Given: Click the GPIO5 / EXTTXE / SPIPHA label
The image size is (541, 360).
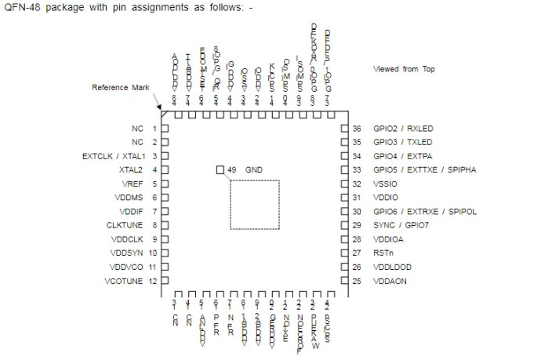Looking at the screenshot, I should click(x=425, y=170).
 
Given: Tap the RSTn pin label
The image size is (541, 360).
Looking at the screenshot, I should click(x=383, y=253).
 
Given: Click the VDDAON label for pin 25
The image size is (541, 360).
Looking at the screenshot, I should click(x=390, y=282).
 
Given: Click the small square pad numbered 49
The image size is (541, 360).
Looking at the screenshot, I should click(x=220, y=169).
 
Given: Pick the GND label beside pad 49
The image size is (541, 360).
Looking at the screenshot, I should click(x=254, y=170).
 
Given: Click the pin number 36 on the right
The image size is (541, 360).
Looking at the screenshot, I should click(x=355, y=129).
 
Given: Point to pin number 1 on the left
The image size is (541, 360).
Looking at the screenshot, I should click(x=154, y=129).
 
